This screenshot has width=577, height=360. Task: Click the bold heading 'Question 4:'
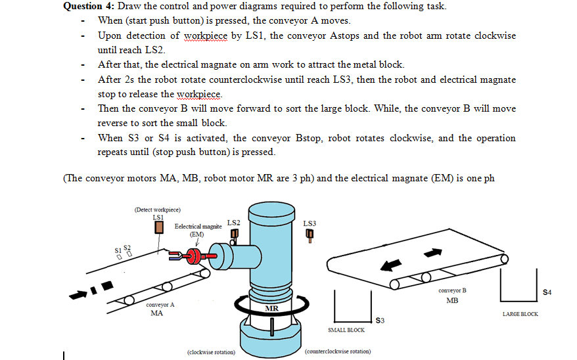coord(88,7)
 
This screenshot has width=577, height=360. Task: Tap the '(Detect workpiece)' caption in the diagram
coord(157,210)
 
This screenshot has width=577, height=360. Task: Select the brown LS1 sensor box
coord(158,227)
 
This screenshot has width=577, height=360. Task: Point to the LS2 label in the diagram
coord(233,223)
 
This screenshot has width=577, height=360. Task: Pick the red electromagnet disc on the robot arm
coord(195,255)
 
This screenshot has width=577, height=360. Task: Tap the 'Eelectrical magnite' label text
coord(198,226)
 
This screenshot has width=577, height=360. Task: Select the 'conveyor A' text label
coord(160,305)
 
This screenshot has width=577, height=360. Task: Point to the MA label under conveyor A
coord(157,313)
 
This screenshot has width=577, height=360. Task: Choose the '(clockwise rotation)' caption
coord(212,351)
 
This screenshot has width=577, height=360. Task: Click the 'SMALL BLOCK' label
coord(346,330)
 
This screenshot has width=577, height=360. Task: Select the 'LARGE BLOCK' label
coord(520,314)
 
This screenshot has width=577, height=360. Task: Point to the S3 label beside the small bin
coord(379,321)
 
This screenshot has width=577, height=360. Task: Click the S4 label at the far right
coord(546,292)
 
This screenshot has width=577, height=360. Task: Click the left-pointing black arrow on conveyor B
coord(391,264)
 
